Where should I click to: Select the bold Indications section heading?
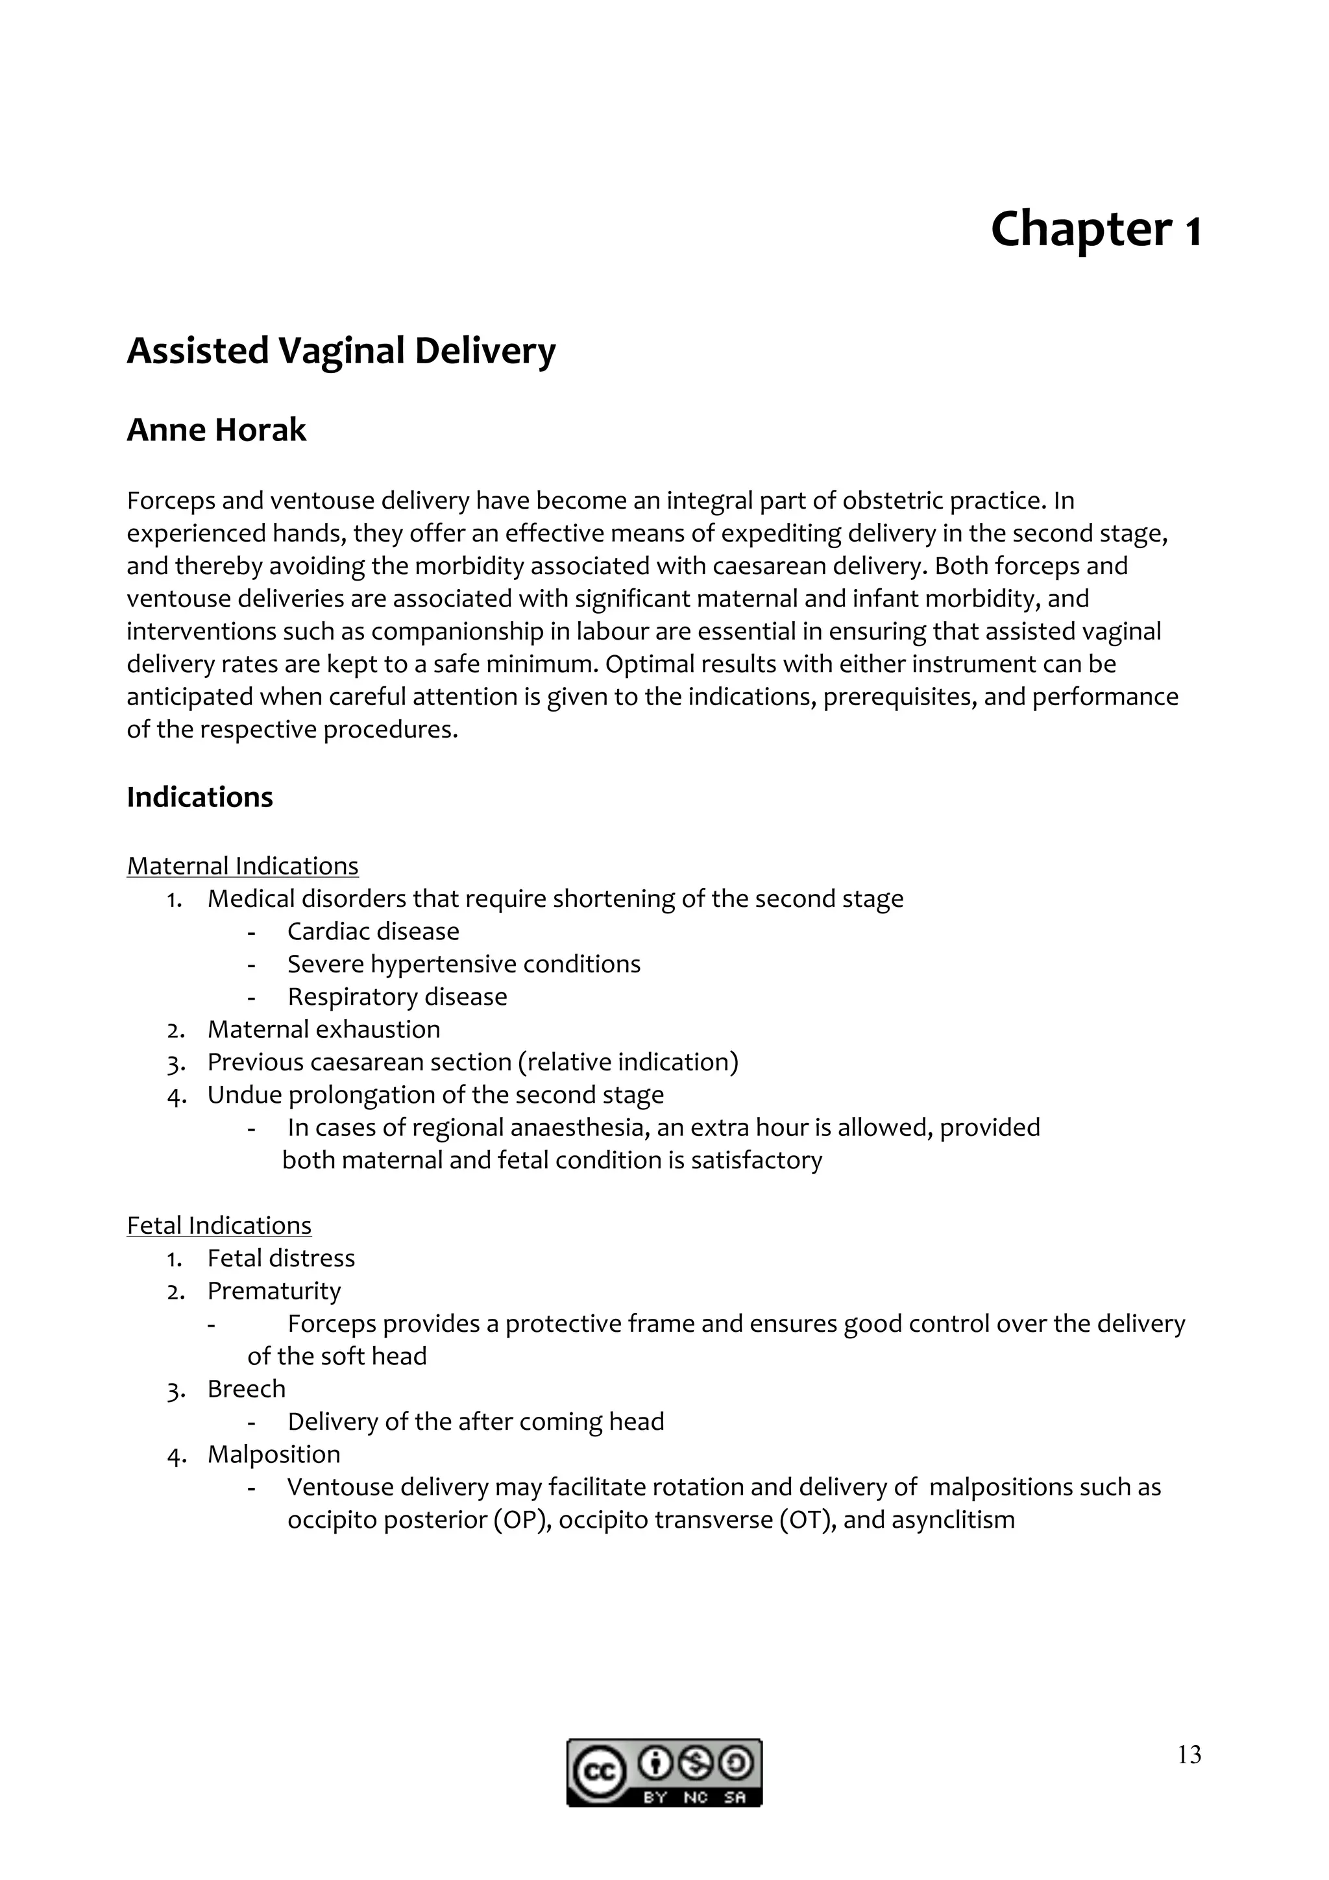200,797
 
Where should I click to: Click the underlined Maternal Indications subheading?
243,865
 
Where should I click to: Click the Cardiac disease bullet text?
372,931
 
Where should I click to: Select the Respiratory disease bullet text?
397,996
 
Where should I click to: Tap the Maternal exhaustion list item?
323,1030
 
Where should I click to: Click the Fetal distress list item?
281,1258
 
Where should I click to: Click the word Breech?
247,1389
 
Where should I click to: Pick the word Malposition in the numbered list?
273,1454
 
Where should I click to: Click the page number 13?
1189,1754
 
